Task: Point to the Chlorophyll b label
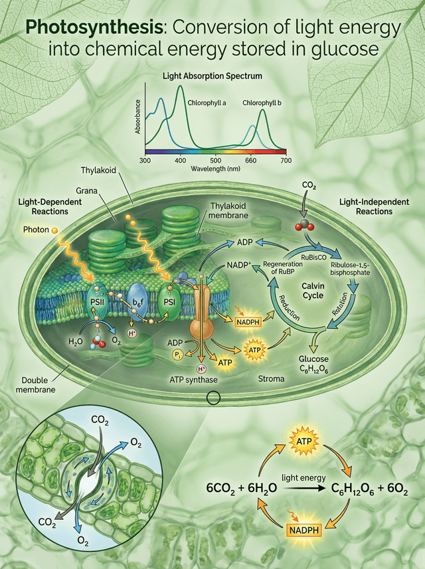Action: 262,103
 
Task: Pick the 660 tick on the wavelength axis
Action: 250,161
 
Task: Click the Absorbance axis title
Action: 138,117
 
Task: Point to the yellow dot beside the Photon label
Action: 56,230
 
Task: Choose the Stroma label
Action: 271,379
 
